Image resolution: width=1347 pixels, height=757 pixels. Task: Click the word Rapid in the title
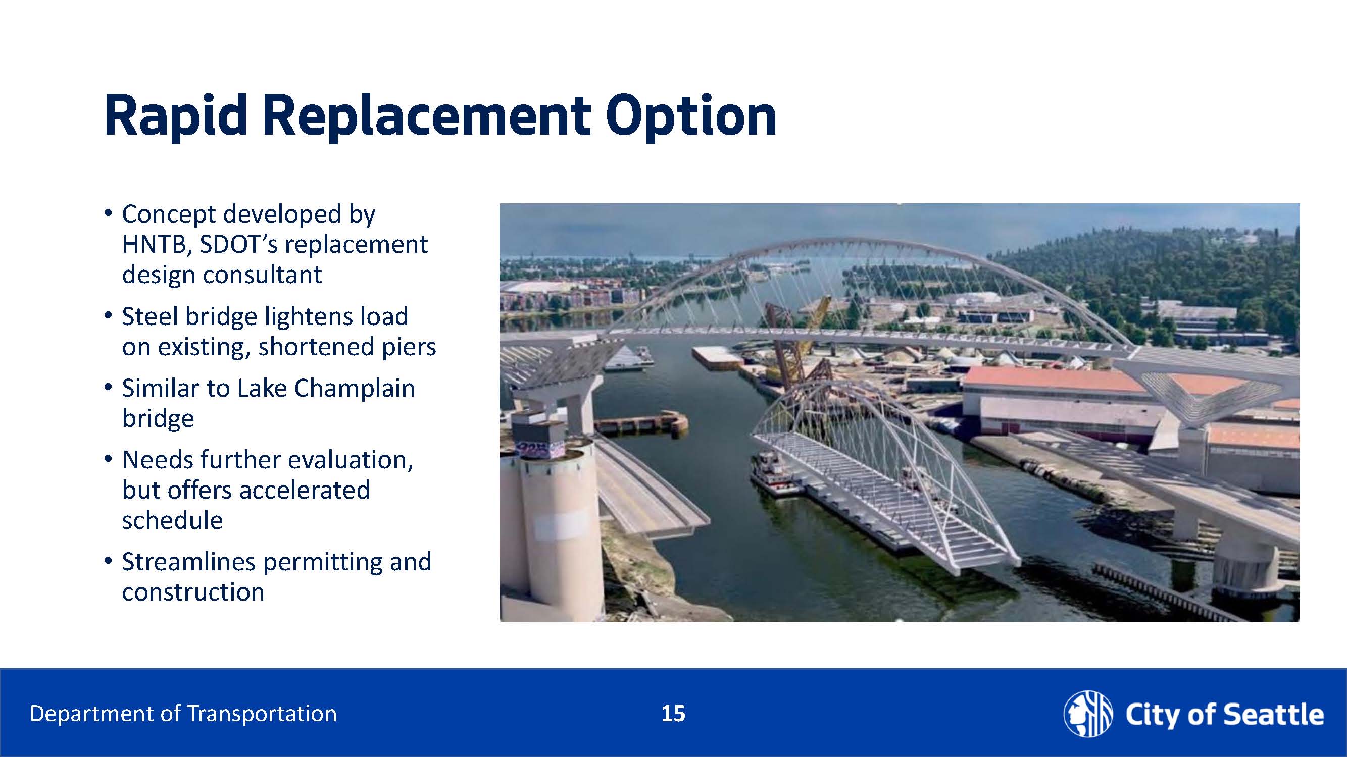(176, 116)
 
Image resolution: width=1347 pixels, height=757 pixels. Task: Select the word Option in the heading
(691, 116)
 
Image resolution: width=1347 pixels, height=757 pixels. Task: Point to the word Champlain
(355, 388)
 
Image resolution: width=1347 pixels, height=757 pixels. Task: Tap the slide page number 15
(673, 714)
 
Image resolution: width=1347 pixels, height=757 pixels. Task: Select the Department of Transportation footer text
(183, 714)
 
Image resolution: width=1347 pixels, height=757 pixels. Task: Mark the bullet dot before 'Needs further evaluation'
(108, 460)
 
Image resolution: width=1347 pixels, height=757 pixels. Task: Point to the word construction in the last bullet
(193, 592)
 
